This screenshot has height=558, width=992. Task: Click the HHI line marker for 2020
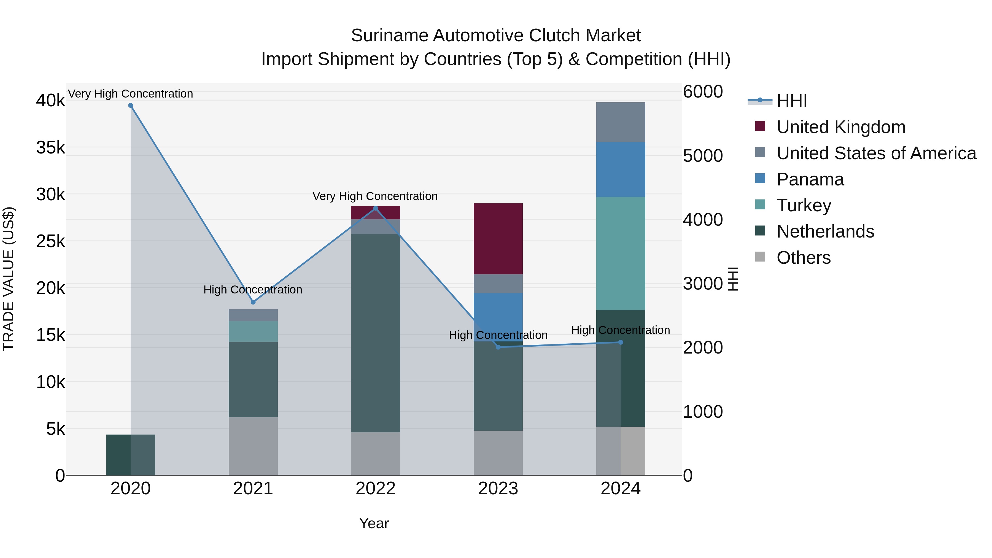click(x=131, y=106)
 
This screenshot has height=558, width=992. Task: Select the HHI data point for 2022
click(x=376, y=208)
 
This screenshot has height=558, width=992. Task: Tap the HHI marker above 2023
click(x=498, y=347)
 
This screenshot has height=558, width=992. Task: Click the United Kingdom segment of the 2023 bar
click(x=498, y=239)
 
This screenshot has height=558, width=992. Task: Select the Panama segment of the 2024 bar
click(x=620, y=169)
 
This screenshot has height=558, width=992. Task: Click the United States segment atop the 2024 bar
click(x=620, y=122)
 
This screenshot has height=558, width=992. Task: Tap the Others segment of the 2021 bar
click(x=253, y=446)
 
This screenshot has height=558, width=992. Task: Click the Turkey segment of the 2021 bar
click(x=253, y=331)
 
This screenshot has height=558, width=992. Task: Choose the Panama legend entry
click(x=810, y=179)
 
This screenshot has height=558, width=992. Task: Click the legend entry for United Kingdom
click(x=841, y=127)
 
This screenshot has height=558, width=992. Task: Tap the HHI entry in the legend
click(x=791, y=101)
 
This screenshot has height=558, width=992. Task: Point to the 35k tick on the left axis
click(x=50, y=147)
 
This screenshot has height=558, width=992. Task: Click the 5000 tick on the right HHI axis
click(x=703, y=156)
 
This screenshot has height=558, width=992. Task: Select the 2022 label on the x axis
click(x=376, y=489)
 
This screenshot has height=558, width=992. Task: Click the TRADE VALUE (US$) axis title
click(x=9, y=279)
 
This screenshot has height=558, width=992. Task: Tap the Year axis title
click(x=374, y=523)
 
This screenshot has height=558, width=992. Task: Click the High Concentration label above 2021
click(x=253, y=290)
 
